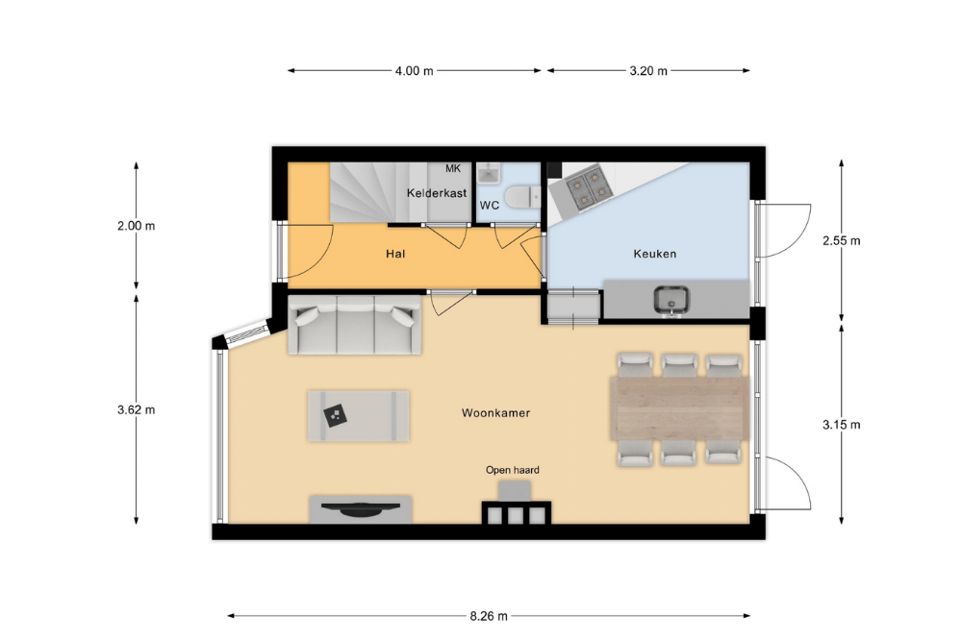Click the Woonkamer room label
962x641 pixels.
pyautogui.click(x=495, y=413)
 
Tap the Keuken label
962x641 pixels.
pyautogui.click(x=654, y=254)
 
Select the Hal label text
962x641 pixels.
pyautogui.click(x=395, y=254)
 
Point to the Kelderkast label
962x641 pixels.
pyautogui.click(x=437, y=193)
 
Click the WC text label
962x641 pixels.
pyautogui.click(x=490, y=206)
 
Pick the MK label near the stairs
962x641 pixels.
pyautogui.click(x=453, y=168)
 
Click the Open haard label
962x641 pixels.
pyautogui.click(x=513, y=470)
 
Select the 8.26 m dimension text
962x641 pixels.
pyautogui.click(x=489, y=616)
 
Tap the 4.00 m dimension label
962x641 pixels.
pyautogui.click(x=414, y=71)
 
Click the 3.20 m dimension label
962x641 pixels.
pyautogui.click(x=648, y=71)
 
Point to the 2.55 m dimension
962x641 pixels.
pyautogui.click(x=841, y=241)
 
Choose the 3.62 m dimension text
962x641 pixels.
pyautogui.click(x=137, y=410)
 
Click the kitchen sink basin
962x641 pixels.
pyautogui.click(x=671, y=300)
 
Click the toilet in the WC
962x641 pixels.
pyautogui.click(x=521, y=197)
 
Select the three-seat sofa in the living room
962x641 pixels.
pyautogui.click(x=355, y=325)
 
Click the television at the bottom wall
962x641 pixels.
pyautogui.click(x=360, y=508)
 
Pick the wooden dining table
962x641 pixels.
pyautogui.click(x=680, y=408)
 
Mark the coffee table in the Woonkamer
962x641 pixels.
pyautogui.click(x=358, y=416)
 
